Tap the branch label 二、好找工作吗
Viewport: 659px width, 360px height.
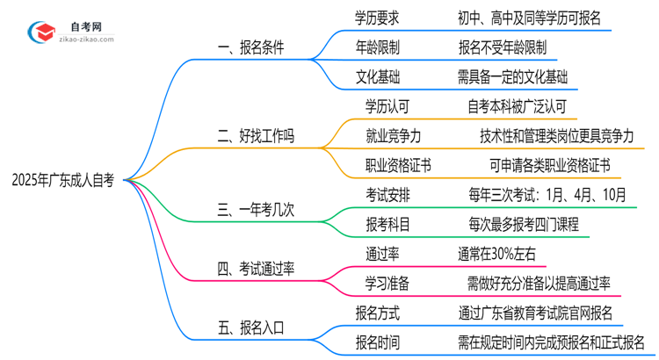pyautogui.click(x=257, y=136)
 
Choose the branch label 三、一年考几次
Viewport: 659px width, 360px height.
pyautogui.click(x=257, y=211)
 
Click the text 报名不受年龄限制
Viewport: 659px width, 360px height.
pyautogui.click(x=502, y=47)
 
